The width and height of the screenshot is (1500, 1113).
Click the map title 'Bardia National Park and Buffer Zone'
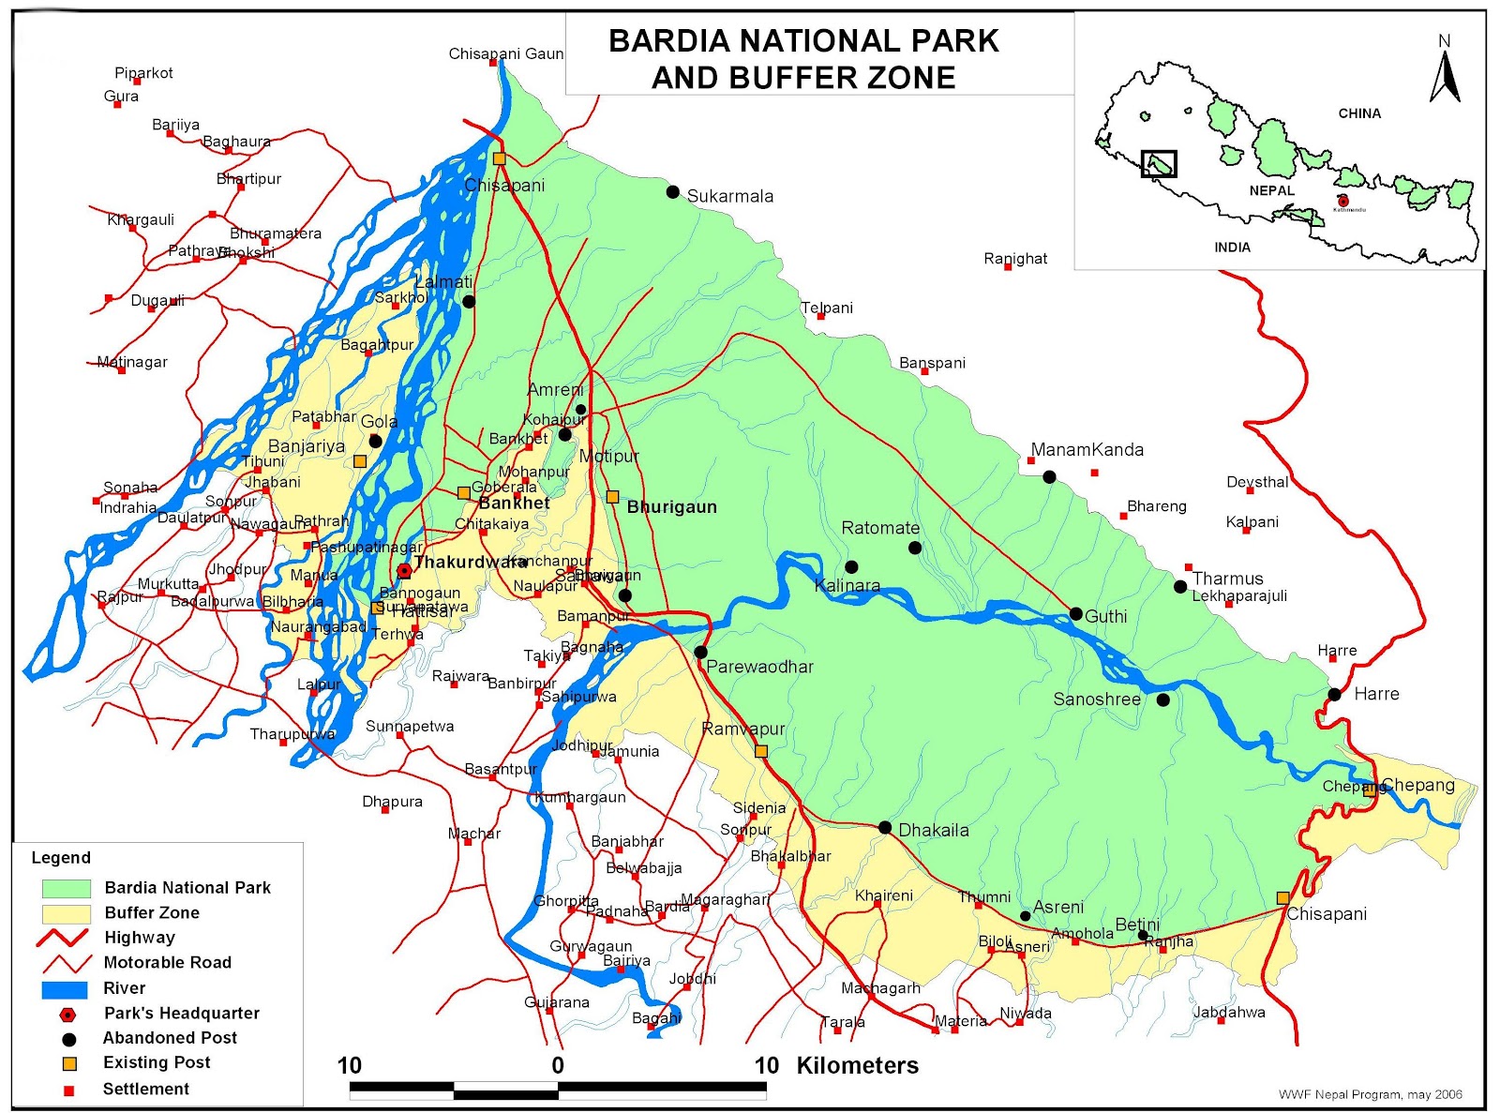[803, 58]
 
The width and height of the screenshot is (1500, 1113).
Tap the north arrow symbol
[1445, 76]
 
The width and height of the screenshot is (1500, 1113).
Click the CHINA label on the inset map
[1359, 113]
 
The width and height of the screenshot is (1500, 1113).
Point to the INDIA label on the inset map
[1232, 248]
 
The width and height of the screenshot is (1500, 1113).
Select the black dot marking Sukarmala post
[672, 192]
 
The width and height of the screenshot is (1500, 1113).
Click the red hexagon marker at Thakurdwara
[404, 570]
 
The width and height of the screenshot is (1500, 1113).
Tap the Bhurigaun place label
[671, 507]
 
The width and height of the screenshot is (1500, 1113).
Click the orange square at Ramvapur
[761, 751]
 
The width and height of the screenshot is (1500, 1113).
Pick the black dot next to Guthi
[1076, 614]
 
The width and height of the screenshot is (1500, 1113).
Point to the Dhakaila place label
[934, 830]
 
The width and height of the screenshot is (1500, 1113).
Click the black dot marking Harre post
[1334, 695]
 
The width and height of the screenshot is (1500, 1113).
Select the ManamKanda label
[1087, 450]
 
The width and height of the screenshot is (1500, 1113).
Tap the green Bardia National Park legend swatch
[67, 888]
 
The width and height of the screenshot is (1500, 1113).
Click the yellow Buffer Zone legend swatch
[67, 913]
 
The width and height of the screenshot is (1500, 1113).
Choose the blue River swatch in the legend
[65, 989]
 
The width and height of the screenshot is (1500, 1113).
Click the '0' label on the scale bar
[558, 1065]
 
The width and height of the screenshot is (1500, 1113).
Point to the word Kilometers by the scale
[857, 1065]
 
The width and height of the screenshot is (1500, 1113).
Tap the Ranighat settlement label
[1015, 259]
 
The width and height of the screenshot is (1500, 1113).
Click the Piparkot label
[143, 73]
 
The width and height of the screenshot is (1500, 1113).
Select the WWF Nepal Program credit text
[1370, 1094]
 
